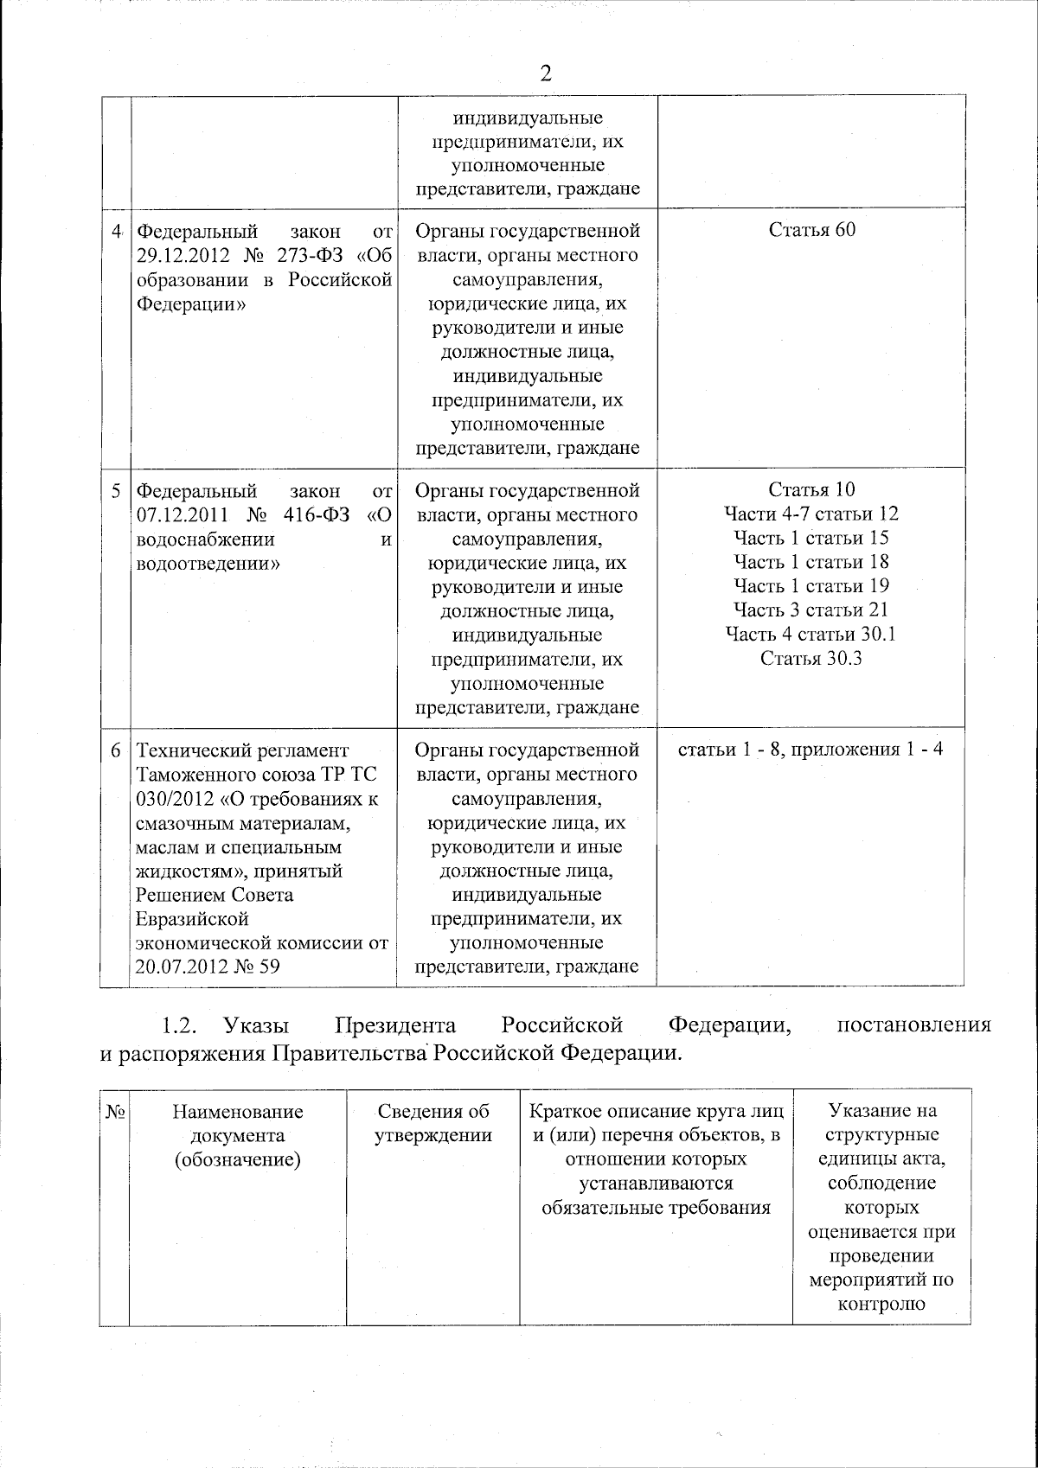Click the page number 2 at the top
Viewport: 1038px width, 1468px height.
[545, 73]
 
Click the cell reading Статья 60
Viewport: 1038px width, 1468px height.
[811, 230]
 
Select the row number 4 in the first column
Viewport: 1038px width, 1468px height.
[116, 231]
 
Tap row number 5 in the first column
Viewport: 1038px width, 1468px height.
[116, 491]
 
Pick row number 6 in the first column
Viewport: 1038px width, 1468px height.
[116, 750]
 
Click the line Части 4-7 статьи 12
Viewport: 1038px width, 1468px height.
[811, 514]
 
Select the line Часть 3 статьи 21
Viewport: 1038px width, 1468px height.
[811, 610]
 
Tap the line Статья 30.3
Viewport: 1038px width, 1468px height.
[811, 659]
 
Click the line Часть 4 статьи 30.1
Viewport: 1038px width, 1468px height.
[811, 635]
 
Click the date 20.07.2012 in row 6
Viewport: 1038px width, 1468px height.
[176, 967]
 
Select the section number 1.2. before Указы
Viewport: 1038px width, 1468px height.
[181, 1026]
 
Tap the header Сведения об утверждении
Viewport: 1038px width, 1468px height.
[432, 1123]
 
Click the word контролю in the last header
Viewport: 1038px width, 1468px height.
[881, 1304]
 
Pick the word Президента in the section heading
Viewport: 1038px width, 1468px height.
[395, 1026]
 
